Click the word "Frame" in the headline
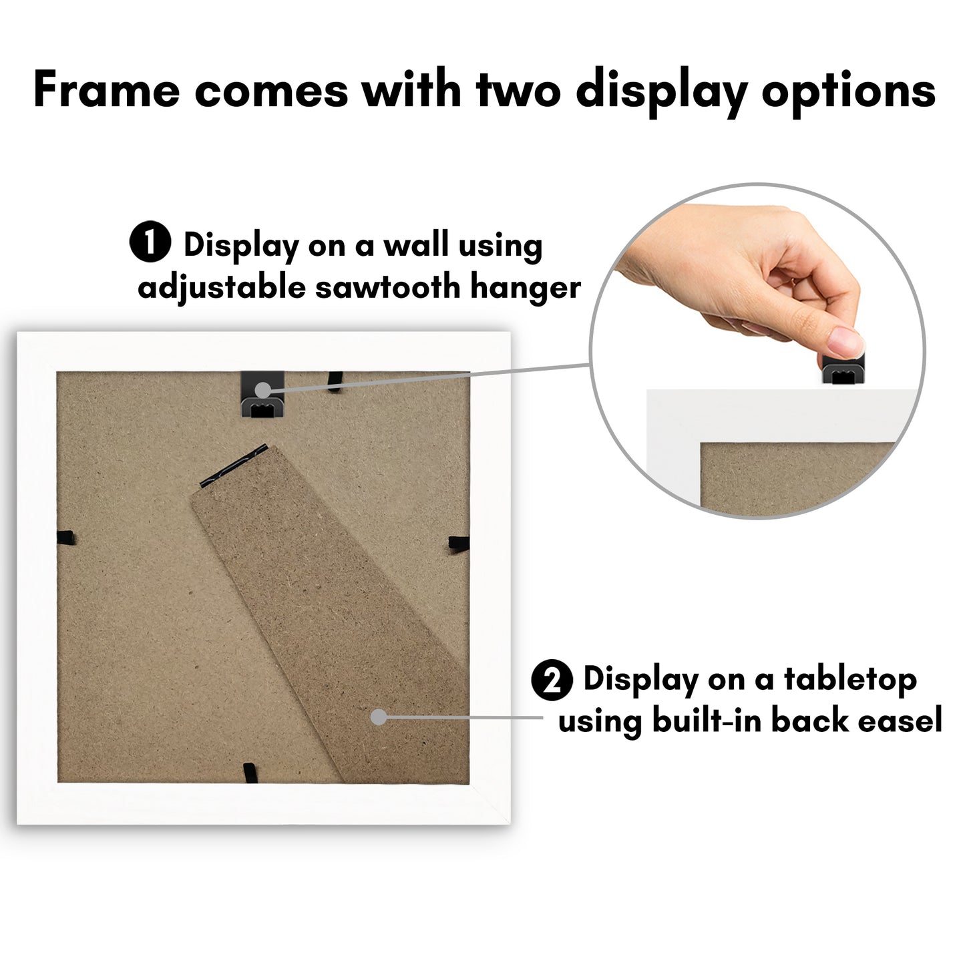tap(106, 90)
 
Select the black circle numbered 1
tap(150, 242)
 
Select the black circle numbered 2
tap(552, 680)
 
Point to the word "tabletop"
tap(850, 680)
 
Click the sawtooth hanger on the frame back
tap(262, 393)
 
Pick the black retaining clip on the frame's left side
tap(65, 538)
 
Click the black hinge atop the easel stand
tap(233, 465)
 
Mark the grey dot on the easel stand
tap(379, 717)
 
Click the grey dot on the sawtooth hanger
tap(262, 389)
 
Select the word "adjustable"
tap(221, 289)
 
